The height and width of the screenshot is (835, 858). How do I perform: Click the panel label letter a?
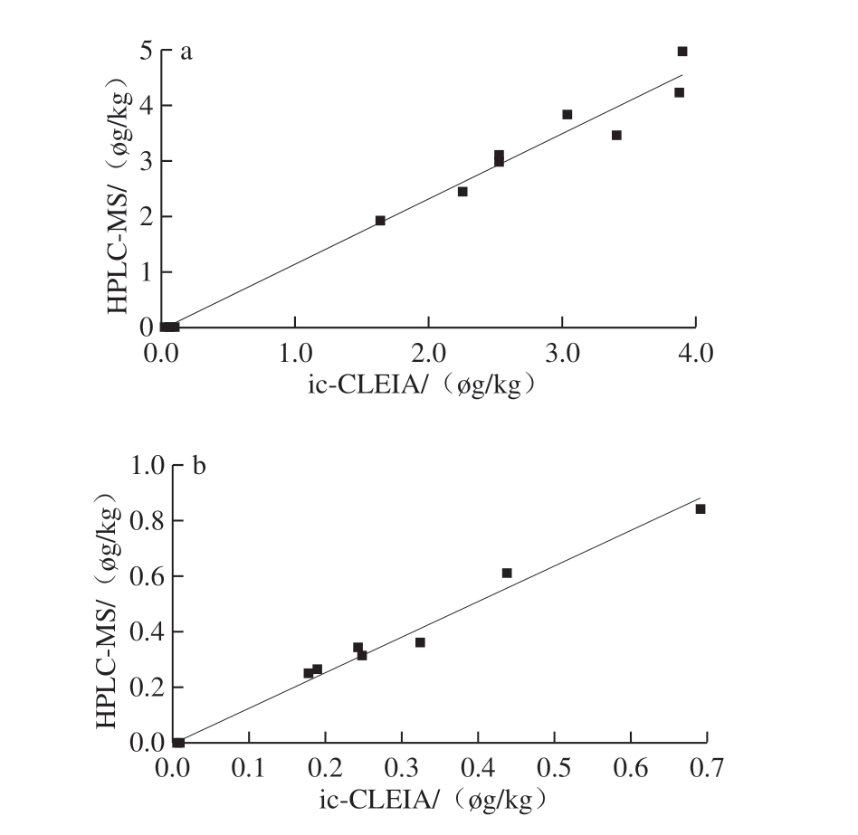click(186, 52)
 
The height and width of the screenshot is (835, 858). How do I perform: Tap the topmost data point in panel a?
click(682, 52)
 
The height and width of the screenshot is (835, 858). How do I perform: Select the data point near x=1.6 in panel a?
click(380, 221)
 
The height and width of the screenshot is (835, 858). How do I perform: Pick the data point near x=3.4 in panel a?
click(616, 136)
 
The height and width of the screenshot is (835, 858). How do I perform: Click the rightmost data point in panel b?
click(700, 509)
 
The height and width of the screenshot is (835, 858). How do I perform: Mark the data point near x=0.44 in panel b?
click(507, 573)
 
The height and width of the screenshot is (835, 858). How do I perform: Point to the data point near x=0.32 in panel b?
click(420, 642)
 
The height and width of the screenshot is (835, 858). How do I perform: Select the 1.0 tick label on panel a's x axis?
click(295, 351)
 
